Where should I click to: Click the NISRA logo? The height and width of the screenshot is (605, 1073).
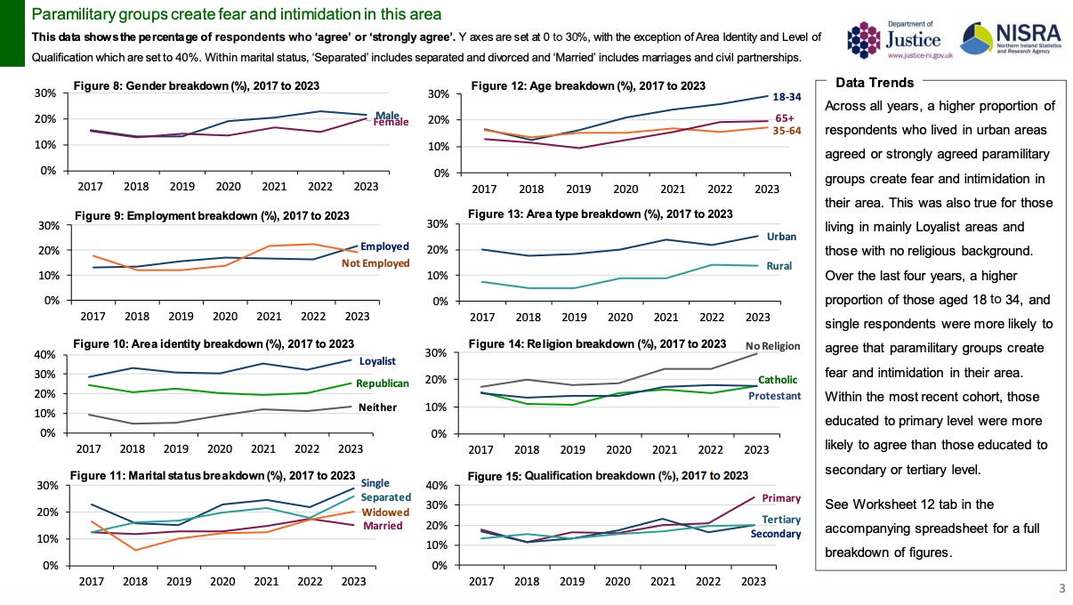(1012, 36)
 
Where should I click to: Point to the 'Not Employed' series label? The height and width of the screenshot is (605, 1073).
(375, 263)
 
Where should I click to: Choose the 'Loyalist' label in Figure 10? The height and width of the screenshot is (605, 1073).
(377, 361)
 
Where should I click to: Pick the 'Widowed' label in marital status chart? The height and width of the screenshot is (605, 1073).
(385, 512)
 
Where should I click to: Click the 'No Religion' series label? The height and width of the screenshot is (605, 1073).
(773, 346)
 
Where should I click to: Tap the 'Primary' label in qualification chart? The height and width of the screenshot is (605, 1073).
(781, 498)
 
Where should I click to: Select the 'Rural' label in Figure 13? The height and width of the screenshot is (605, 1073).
(779, 266)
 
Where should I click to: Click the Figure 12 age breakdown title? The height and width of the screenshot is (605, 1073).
(587, 86)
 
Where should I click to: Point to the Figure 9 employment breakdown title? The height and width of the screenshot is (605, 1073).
(212, 216)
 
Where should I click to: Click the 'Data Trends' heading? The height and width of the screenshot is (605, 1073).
(875, 83)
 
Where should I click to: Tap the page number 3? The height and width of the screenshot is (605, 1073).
(1061, 588)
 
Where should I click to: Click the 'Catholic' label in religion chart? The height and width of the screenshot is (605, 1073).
(778, 380)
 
